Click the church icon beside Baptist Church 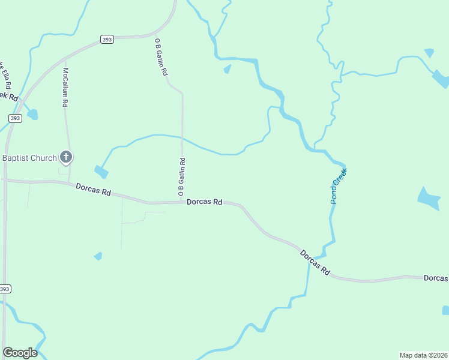pos(66,158)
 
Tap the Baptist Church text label pos(29,158)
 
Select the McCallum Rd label pos(65,87)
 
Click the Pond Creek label pos(339,185)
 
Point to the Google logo pos(20,353)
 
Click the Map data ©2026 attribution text pos(423,355)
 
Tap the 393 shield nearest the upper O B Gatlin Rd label pos(107,40)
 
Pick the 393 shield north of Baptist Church pos(15,118)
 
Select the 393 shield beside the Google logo pos(5,289)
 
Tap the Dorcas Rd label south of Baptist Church pos(94,190)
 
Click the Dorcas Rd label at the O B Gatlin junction pos(204,202)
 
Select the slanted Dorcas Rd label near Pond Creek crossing pos(316,262)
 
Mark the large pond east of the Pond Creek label pos(429,199)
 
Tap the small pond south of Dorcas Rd pos(98,256)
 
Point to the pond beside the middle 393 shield pos(32,114)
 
